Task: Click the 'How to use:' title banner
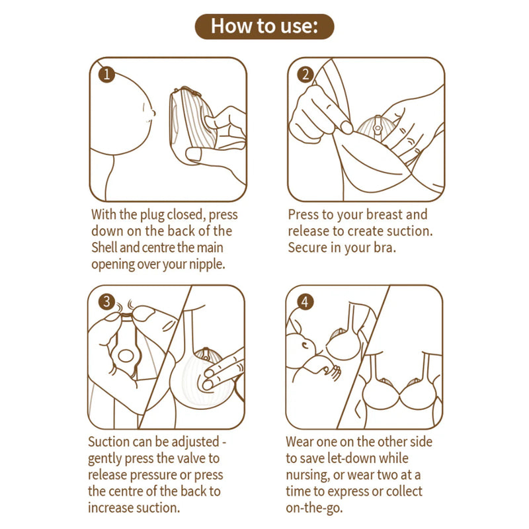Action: click(264, 26)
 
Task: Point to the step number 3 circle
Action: click(106, 302)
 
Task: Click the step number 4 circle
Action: click(304, 302)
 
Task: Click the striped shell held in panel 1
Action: click(192, 119)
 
